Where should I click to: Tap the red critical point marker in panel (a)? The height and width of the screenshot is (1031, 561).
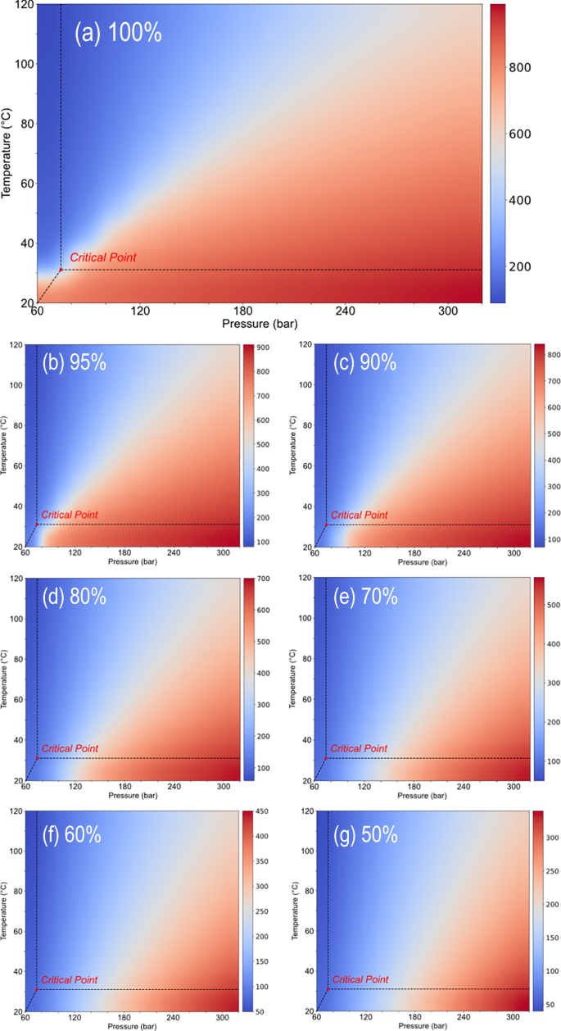(61, 270)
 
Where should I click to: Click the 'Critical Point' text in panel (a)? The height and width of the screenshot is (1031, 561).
(102, 257)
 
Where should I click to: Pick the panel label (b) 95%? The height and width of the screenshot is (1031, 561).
(75, 363)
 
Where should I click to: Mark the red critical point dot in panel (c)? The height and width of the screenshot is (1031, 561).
(327, 525)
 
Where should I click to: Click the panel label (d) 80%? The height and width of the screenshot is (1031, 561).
(75, 597)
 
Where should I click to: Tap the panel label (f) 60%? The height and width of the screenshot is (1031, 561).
(75, 834)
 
